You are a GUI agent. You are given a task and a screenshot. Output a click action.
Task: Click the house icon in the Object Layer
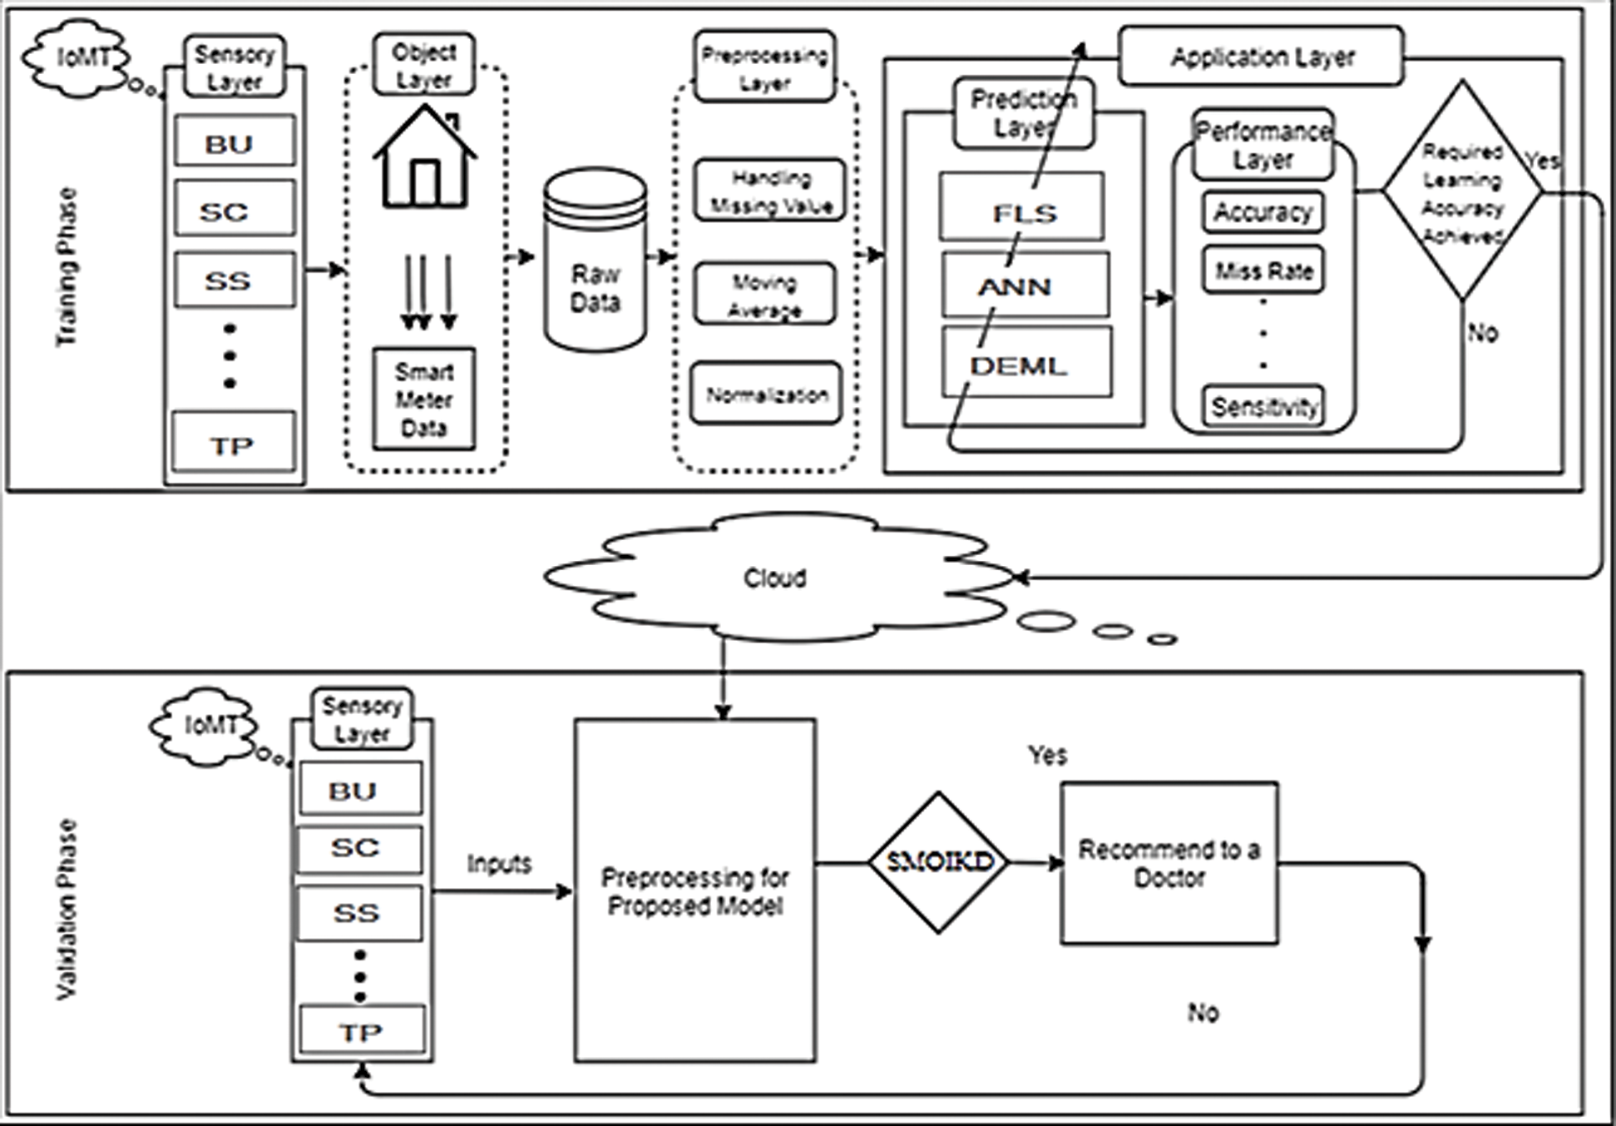click(425, 158)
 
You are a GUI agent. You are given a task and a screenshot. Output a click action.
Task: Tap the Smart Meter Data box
click(424, 399)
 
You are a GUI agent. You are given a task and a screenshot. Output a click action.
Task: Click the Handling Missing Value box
click(770, 191)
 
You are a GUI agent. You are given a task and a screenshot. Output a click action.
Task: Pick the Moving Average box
click(764, 295)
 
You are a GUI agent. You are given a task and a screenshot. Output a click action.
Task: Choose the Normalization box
click(766, 394)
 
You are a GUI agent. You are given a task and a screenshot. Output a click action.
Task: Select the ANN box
click(1025, 285)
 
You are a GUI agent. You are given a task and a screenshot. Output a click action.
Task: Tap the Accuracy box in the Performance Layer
click(1263, 212)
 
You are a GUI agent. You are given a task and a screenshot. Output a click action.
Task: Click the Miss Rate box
click(1263, 270)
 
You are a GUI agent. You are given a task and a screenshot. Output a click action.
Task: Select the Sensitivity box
click(1263, 406)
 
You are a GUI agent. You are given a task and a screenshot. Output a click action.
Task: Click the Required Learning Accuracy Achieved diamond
click(1462, 191)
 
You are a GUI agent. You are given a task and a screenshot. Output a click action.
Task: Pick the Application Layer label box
click(1261, 57)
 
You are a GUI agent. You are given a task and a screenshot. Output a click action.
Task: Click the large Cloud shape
click(773, 578)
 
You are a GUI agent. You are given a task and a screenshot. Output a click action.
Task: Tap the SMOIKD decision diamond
click(939, 862)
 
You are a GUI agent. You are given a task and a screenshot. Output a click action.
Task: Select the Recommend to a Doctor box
click(1169, 863)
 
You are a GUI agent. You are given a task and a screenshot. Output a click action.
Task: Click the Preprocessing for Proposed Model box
click(694, 890)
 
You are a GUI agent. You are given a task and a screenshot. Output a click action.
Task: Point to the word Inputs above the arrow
click(499, 863)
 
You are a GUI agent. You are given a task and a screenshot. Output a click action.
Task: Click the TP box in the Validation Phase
click(361, 1031)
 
